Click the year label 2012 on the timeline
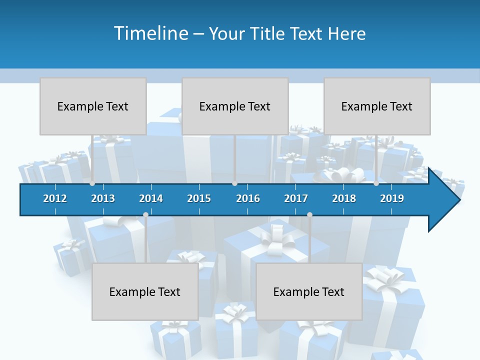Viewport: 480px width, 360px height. pyautogui.click(x=55, y=198)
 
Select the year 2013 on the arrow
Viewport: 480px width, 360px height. pyautogui.click(x=103, y=198)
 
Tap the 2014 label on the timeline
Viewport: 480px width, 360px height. pyautogui.click(x=151, y=198)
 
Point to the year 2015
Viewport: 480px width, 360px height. pyautogui.click(x=199, y=198)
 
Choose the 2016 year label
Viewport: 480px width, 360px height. pyautogui.click(x=248, y=198)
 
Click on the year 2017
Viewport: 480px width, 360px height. pyautogui.click(x=296, y=198)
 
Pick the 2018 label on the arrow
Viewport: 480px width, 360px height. pyautogui.click(x=344, y=198)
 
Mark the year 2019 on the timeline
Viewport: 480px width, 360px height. pyautogui.click(x=392, y=198)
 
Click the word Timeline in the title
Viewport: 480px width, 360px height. pyautogui.click(x=150, y=33)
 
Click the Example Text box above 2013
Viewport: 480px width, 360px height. pyautogui.click(x=93, y=106)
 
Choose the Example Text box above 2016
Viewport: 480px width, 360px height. pyautogui.click(x=235, y=106)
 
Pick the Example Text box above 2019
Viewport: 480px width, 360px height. pyautogui.click(x=377, y=106)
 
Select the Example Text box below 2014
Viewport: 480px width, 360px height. pyautogui.click(x=145, y=291)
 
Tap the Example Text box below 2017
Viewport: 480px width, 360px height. pyautogui.click(x=309, y=291)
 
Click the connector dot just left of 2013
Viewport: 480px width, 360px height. pyautogui.click(x=92, y=183)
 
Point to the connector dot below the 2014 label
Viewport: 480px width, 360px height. pyautogui.click(x=145, y=214)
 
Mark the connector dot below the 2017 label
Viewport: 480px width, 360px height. pyautogui.click(x=309, y=214)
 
